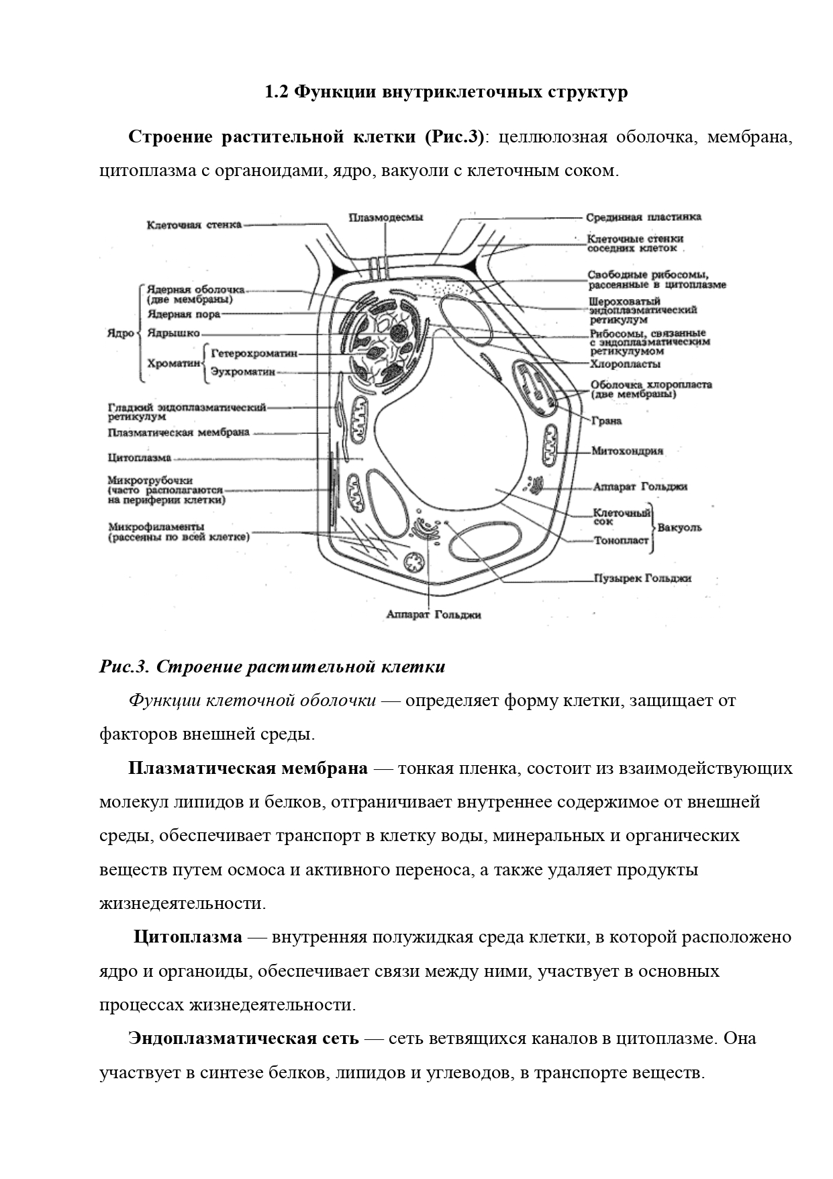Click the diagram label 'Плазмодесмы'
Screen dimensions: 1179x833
pos(386,217)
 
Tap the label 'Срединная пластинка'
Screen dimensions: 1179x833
pos(643,217)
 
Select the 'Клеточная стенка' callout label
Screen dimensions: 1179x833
pos(194,225)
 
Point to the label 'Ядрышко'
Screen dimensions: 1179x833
pos(173,333)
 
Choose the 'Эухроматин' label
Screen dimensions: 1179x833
pos(242,372)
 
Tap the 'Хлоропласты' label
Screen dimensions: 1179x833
pos(625,364)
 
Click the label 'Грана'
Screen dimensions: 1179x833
pos(606,421)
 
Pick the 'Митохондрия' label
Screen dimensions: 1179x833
pos(627,451)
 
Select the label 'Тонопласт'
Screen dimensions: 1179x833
pos(621,540)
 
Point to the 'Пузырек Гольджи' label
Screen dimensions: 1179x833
pos(642,578)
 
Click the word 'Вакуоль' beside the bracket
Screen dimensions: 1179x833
pos(679,527)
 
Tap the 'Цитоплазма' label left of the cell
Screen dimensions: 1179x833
pos(139,458)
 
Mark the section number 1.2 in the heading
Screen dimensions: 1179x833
pos(277,92)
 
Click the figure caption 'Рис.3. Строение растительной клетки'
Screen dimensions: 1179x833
pos(273,666)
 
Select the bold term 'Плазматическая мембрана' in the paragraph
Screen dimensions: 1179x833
pos(248,768)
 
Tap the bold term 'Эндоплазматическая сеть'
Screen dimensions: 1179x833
pos(244,1038)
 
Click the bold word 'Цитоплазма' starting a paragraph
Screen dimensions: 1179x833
pos(188,936)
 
